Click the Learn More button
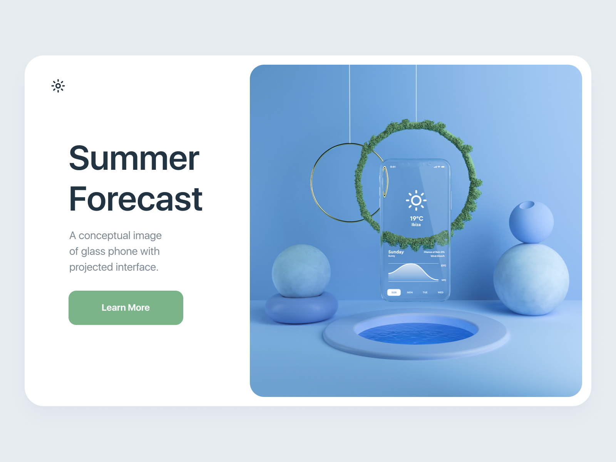(126, 308)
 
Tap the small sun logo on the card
(58, 86)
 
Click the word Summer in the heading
(134, 158)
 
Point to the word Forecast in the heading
(136, 199)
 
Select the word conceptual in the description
(104, 236)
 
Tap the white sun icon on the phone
(416, 200)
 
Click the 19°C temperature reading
(416, 218)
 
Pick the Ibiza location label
(416, 224)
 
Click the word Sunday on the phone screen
(396, 252)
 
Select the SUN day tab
(394, 293)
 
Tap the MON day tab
(410, 293)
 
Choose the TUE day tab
(425, 293)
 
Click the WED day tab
(440, 293)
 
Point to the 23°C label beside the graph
(443, 266)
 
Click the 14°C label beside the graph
(444, 280)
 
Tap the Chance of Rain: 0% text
(434, 252)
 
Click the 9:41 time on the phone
(393, 167)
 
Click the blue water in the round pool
(416, 334)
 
